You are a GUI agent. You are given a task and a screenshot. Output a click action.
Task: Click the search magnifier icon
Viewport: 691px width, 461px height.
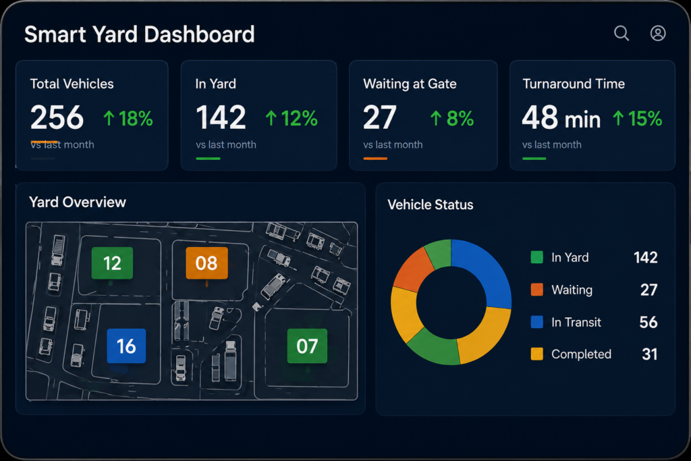tap(621, 33)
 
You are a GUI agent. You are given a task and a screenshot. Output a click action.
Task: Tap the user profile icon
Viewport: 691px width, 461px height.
tap(658, 33)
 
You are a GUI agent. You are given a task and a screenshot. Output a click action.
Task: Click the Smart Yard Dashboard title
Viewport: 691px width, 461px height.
tap(139, 34)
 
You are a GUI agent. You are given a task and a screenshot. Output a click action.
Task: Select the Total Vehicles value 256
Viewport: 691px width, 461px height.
tap(57, 117)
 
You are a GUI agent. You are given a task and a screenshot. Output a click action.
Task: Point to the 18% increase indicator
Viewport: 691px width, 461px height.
tap(128, 119)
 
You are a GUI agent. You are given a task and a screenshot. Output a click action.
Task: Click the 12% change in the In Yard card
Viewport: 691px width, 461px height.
tap(292, 119)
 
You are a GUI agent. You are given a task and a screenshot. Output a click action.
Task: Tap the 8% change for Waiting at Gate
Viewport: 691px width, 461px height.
tap(451, 119)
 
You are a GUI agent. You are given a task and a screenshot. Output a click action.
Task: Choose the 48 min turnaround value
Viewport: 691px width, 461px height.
tap(561, 117)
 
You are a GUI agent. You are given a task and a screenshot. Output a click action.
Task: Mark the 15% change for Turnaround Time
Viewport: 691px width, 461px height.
tap(637, 119)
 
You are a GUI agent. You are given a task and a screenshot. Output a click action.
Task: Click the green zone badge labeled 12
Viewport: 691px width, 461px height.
tap(112, 263)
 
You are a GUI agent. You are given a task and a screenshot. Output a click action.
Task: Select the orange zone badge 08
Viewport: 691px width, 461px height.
tap(206, 263)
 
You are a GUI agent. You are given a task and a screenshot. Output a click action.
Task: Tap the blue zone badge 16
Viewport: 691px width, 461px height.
tap(126, 346)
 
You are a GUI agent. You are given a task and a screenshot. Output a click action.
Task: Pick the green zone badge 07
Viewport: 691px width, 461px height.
tap(307, 346)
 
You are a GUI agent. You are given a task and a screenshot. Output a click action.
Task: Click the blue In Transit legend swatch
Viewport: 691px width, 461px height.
tap(536, 322)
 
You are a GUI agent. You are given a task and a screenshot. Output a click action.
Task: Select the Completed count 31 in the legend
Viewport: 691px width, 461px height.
tap(650, 354)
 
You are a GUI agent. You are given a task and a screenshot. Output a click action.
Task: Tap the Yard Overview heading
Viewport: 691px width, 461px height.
tap(78, 202)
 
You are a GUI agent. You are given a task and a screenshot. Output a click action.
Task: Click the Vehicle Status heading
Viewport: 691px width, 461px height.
tap(431, 205)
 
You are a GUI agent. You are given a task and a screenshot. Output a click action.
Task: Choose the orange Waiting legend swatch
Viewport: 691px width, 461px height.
tap(536, 290)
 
